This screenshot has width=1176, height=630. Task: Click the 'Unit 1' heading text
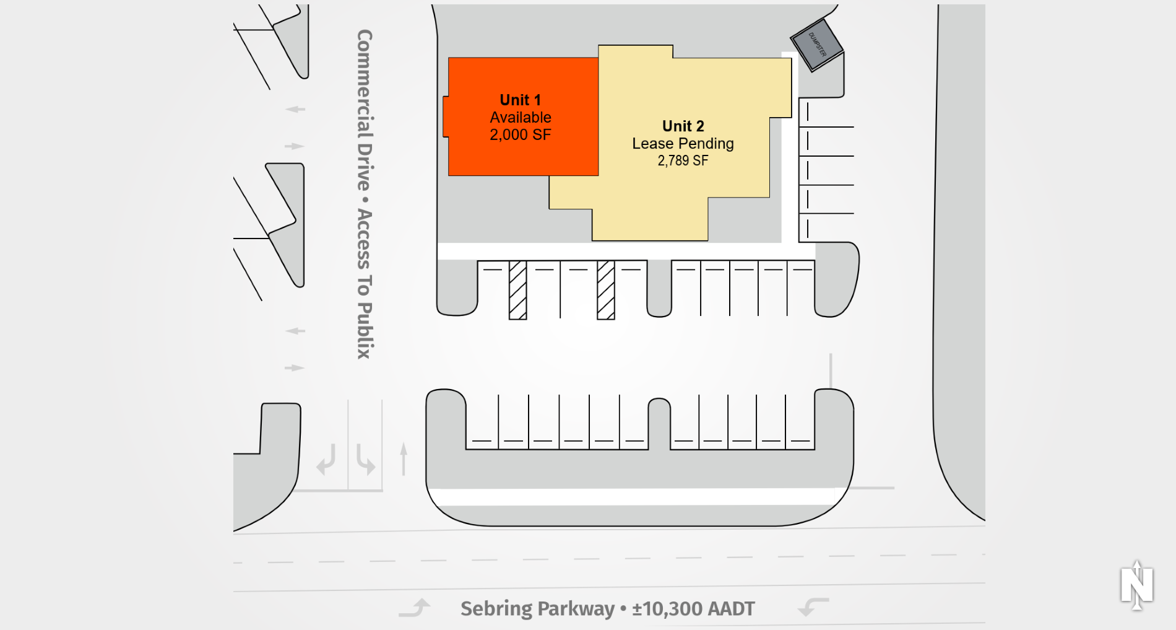click(x=520, y=100)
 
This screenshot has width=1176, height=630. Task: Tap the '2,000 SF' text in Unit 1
click(x=520, y=135)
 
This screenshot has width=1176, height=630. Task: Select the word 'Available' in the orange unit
click(x=520, y=118)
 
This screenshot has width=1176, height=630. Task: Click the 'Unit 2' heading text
click(x=683, y=126)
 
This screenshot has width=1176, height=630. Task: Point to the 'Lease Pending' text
click(x=683, y=144)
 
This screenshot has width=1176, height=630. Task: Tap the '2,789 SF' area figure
click(x=683, y=161)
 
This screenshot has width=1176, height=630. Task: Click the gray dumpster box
click(x=817, y=45)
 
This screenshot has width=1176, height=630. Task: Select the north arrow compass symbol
click(x=1136, y=585)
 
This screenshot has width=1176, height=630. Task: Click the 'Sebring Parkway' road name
click(x=537, y=609)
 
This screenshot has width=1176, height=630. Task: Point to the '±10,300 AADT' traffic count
click(x=693, y=609)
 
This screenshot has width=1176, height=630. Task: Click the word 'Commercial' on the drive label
click(x=365, y=83)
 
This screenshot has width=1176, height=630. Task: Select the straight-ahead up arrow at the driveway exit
click(x=404, y=458)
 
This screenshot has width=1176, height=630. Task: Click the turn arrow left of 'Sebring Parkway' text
click(x=415, y=608)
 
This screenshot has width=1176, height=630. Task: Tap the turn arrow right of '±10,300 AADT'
click(x=813, y=606)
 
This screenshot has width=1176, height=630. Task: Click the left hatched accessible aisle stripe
click(x=517, y=290)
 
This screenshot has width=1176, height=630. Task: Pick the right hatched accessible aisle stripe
click(x=605, y=290)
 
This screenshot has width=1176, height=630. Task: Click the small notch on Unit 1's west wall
click(x=446, y=116)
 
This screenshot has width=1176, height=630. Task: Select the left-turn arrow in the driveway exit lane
click(x=326, y=460)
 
